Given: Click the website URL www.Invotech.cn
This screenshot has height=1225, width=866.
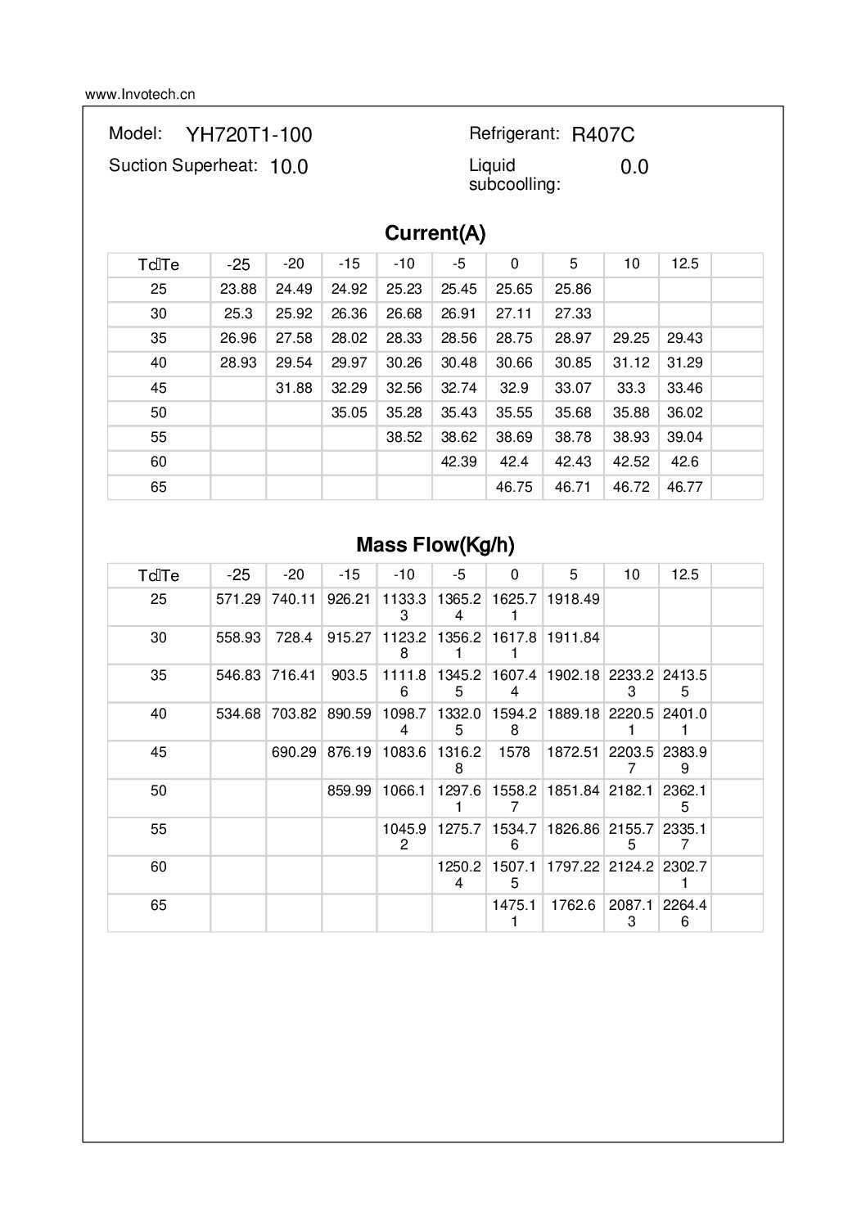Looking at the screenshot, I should (140, 94).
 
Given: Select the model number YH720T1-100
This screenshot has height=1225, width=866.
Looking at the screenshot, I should (249, 135).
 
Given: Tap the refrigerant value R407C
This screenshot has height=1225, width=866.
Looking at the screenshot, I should (603, 135).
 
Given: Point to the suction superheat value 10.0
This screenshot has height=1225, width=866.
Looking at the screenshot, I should (289, 167).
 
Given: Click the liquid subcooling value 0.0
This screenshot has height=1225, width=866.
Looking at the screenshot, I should (634, 167).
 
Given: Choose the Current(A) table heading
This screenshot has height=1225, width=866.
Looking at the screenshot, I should (435, 234).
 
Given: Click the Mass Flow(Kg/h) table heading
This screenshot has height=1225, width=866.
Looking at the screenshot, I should (435, 545).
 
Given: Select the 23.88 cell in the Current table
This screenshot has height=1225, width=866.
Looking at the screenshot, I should (238, 289).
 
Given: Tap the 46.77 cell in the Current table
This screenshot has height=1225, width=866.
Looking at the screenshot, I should (684, 487).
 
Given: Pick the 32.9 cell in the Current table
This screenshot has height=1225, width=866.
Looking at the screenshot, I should (514, 388).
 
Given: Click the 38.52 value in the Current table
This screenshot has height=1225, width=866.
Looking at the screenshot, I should (404, 437).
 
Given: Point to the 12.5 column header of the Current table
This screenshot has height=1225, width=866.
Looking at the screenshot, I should (684, 263).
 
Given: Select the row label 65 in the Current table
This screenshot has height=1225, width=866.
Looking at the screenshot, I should (159, 487).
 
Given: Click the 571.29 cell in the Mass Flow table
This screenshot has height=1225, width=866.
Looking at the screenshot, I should (238, 599).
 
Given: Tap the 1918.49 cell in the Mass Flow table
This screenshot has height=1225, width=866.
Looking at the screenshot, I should (573, 599).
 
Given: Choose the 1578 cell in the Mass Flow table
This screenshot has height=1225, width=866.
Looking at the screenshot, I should (514, 752).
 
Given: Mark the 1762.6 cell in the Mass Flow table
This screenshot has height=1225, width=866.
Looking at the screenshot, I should (573, 905).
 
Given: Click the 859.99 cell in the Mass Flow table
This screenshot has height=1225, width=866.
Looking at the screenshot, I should (350, 790).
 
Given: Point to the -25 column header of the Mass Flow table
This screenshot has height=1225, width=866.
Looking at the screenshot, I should (238, 574).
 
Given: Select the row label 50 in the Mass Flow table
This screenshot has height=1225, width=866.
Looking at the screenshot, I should (159, 790).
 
